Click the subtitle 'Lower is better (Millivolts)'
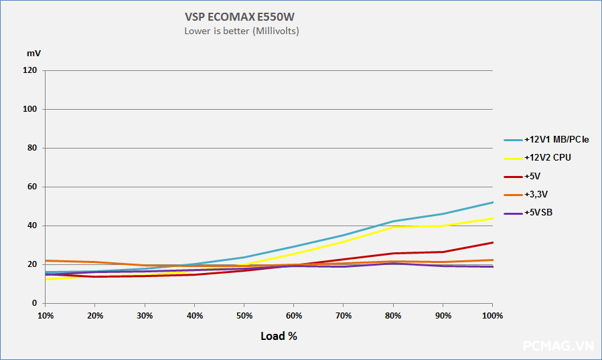pyautogui.click(x=241, y=31)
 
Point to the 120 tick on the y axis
pyautogui.click(x=31, y=70)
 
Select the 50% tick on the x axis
pyautogui.click(x=244, y=314)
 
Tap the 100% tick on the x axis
pyautogui.click(x=493, y=314)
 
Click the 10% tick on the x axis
pyautogui.click(x=46, y=314)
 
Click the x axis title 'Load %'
pyautogui.click(x=279, y=336)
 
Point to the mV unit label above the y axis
pyautogui.click(x=33, y=52)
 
